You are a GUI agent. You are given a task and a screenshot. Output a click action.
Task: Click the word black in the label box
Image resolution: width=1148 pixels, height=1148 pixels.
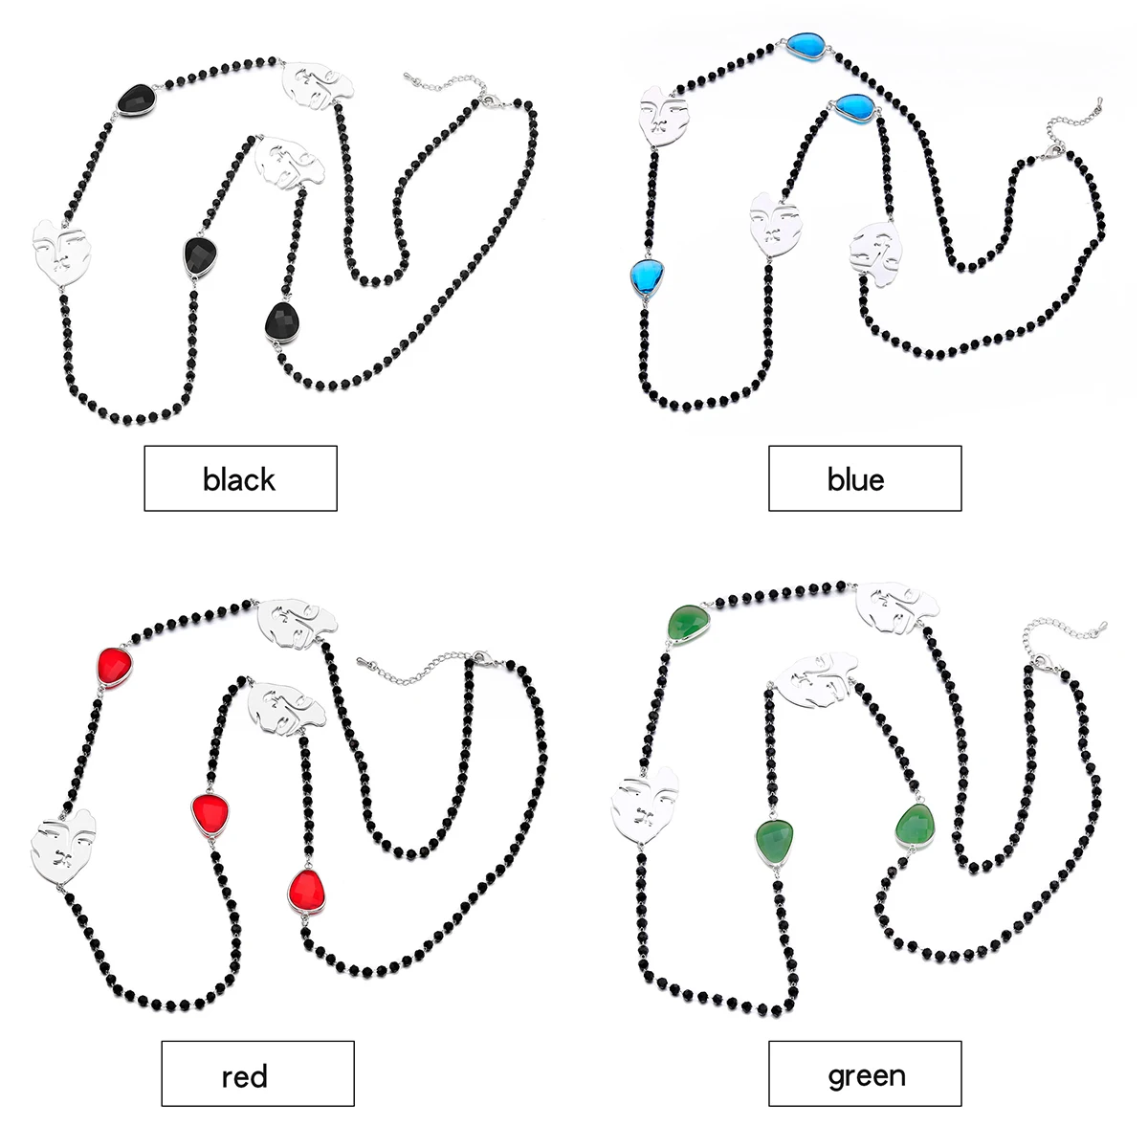click(239, 478)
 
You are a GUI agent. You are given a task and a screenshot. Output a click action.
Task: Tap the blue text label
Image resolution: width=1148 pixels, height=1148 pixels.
click(855, 478)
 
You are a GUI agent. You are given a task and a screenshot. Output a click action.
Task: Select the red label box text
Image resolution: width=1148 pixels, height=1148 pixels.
click(244, 1076)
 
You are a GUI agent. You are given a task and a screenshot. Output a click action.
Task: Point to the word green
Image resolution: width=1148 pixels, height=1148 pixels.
click(866, 1075)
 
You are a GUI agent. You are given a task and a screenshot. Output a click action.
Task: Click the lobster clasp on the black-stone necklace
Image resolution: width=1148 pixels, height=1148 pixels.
click(489, 99)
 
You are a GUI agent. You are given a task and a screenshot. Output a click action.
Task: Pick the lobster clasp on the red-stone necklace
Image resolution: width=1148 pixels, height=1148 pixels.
click(477, 657)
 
